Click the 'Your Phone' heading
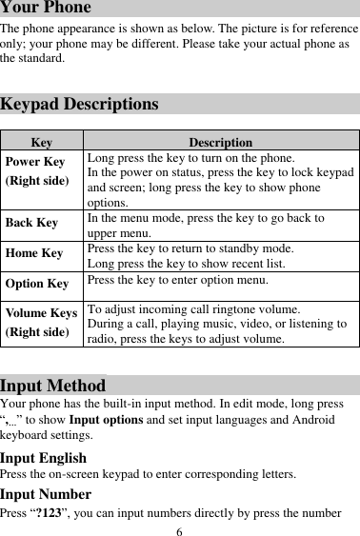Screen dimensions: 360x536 click(46, 8)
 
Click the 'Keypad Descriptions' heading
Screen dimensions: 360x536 click(79, 104)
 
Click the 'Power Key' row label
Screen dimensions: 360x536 click(35, 162)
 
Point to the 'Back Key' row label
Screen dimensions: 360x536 click(31, 224)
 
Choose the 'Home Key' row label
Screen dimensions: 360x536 click(34, 253)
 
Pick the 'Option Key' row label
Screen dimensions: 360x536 click(37, 284)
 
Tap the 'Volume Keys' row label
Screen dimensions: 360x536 click(41, 312)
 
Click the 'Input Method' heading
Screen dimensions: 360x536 click(52, 386)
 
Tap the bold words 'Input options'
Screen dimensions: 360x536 click(98, 420)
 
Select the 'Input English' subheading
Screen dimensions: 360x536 click(43, 457)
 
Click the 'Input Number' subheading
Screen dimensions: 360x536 click(46, 493)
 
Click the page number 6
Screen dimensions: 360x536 click(179, 529)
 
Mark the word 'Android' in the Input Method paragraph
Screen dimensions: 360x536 click(310, 420)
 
